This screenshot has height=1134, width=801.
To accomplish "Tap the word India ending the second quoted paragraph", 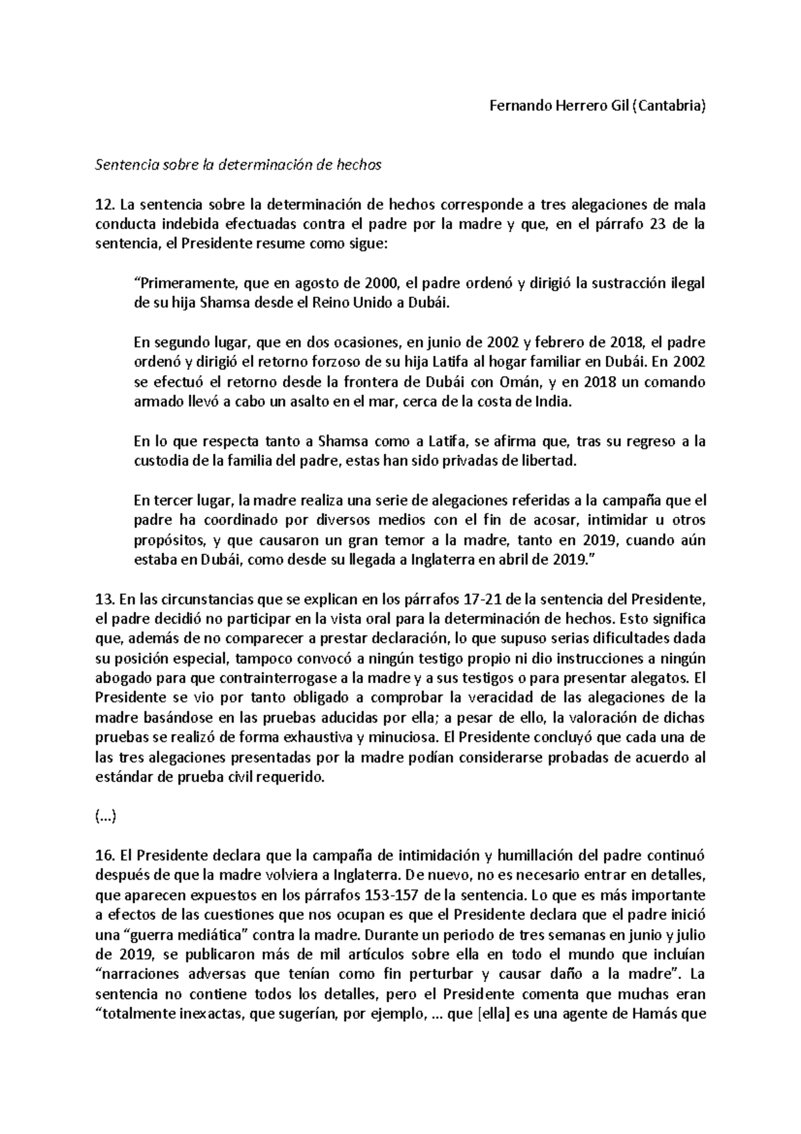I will coord(554,402).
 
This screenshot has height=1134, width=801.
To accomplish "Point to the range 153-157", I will coord(393,896).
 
